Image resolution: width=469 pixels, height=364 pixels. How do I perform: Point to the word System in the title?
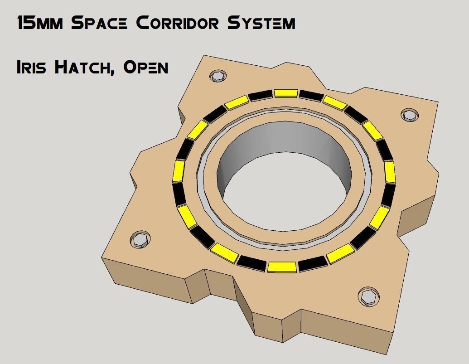point(261,22)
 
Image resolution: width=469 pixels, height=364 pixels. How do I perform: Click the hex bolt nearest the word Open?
point(218,76)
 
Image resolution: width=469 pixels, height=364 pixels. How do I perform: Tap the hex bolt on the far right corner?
point(410,115)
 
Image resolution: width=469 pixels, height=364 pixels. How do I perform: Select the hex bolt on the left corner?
point(140,239)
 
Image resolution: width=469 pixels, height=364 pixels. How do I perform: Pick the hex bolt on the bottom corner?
point(367,297)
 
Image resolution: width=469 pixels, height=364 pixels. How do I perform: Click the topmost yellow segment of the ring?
point(286,93)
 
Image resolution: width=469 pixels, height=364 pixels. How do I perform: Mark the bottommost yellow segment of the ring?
point(282,267)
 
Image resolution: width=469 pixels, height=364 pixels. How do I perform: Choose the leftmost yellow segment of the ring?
point(179,171)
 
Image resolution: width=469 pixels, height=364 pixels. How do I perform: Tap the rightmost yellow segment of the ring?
point(390,172)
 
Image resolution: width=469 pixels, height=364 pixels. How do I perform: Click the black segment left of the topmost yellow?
point(260,95)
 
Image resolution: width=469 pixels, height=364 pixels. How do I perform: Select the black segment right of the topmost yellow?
point(311,95)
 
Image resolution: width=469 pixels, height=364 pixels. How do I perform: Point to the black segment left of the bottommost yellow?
point(251,262)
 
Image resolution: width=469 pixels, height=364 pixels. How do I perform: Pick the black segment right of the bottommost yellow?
point(312,263)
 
